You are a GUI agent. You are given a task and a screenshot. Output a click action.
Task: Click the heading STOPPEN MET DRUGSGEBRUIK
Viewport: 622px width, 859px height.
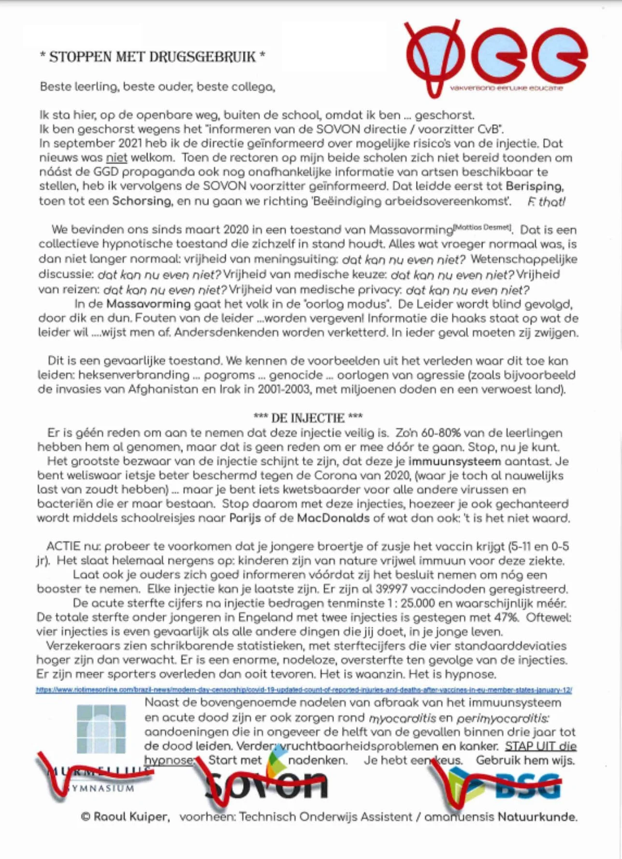(x=152, y=57)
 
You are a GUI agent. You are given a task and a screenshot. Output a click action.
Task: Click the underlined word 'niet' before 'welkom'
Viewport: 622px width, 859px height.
(x=116, y=158)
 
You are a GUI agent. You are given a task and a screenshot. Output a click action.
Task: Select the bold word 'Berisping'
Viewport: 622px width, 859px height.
(x=535, y=186)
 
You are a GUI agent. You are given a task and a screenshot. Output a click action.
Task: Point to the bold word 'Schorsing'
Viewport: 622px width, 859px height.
(x=142, y=201)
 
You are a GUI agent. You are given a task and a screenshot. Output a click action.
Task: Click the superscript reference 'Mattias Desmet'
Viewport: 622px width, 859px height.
(x=482, y=227)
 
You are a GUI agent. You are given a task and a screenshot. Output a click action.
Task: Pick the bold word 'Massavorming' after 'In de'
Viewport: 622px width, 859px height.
(x=148, y=304)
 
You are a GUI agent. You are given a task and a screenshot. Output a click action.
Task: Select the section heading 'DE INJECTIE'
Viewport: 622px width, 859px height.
(x=308, y=418)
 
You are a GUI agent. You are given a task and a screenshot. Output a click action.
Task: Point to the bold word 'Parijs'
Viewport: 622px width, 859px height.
(x=245, y=518)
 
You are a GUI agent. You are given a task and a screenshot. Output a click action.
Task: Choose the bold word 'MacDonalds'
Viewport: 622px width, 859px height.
(x=333, y=518)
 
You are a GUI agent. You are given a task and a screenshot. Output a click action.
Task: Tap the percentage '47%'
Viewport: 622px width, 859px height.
(x=506, y=618)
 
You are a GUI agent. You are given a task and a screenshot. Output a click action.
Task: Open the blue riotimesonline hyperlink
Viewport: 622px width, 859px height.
(x=304, y=690)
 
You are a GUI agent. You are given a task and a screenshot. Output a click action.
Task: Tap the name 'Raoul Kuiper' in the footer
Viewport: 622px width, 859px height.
(x=130, y=817)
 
